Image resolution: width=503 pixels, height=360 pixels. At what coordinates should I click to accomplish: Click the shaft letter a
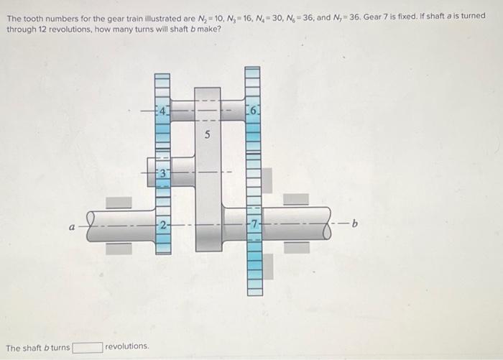click(x=72, y=226)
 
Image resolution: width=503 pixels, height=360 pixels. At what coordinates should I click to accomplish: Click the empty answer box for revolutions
click(x=86, y=347)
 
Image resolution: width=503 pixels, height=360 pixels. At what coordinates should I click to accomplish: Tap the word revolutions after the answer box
click(x=127, y=346)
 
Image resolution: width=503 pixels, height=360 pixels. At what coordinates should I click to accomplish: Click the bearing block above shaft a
click(x=119, y=203)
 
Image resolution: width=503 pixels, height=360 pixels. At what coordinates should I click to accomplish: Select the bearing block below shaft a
click(x=119, y=249)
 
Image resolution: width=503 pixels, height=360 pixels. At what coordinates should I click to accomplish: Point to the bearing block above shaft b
click(x=296, y=199)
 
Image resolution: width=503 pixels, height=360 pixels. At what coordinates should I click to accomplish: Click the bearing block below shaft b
click(x=296, y=248)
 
